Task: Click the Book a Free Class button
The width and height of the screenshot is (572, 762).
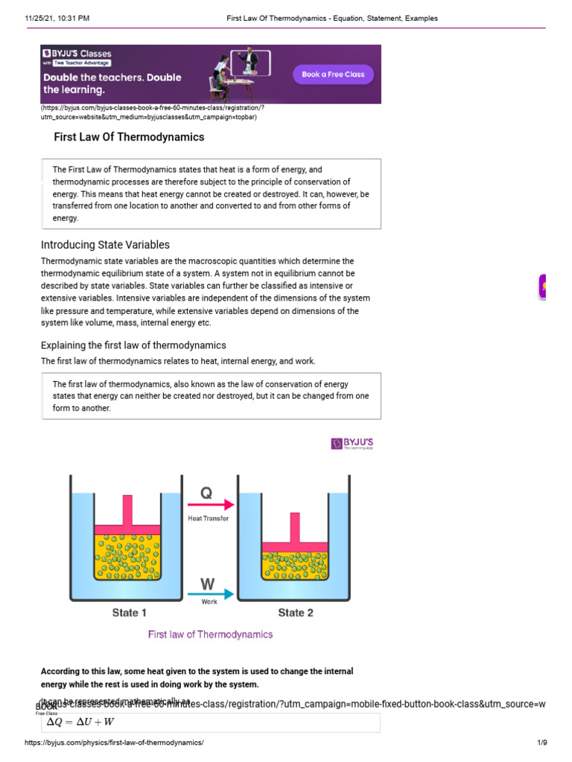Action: (x=333, y=74)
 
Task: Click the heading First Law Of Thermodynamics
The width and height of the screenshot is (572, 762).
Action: (x=129, y=137)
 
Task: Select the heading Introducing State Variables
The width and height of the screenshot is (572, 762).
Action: (x=105, y=245)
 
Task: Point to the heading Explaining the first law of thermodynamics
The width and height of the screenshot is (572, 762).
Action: (x=133, y=345)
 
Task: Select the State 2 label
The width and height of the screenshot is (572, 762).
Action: (x=296, y=612)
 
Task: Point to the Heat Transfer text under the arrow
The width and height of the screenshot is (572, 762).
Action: (x=209, y=518)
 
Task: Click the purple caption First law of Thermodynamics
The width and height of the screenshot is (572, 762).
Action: (x=210, y=635)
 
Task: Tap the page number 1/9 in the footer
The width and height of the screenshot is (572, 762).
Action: (x=541, y=743)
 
